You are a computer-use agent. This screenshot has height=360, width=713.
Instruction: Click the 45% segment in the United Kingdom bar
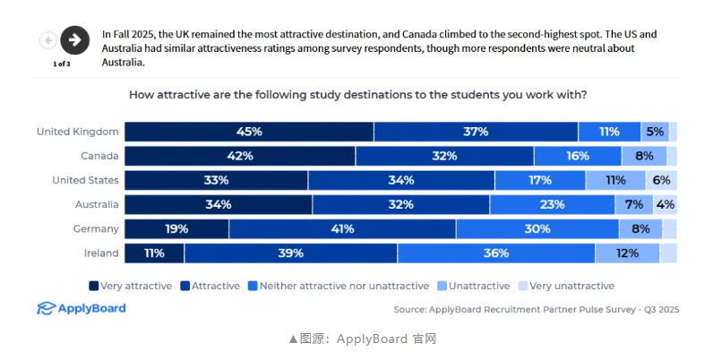click(249, 132)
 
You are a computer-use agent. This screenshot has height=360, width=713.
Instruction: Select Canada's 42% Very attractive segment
click(240, 156)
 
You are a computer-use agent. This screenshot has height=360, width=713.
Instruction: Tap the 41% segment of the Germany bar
click(342, 228)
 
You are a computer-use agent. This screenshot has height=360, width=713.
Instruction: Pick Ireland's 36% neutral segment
click(496, 253)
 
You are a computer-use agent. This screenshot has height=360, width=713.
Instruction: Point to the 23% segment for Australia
click(553, 204)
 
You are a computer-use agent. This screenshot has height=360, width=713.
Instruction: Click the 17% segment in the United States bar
click(540, 180)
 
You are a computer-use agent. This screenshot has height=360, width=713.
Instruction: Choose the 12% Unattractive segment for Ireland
click(627, 253)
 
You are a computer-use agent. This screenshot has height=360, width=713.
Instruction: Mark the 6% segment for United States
click(662, 180)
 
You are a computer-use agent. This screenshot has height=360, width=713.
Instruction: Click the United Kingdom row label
click(77, 132)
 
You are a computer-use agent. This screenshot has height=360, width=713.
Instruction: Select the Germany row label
click(95, 228)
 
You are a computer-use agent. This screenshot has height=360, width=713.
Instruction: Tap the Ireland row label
click(101, 253)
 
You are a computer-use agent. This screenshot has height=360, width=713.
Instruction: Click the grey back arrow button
click(47, 40)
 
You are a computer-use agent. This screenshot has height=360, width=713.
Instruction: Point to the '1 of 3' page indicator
click(61, 64)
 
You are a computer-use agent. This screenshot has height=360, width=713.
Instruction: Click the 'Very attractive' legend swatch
click(93, 287)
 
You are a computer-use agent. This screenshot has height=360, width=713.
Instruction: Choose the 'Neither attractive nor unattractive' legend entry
click(341, 287)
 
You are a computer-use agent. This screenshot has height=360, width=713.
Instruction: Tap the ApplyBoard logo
click(82, 309)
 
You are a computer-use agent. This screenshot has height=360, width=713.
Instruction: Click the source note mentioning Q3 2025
click(536, 309)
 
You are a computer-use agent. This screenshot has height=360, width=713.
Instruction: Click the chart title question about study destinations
click(358, 94)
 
